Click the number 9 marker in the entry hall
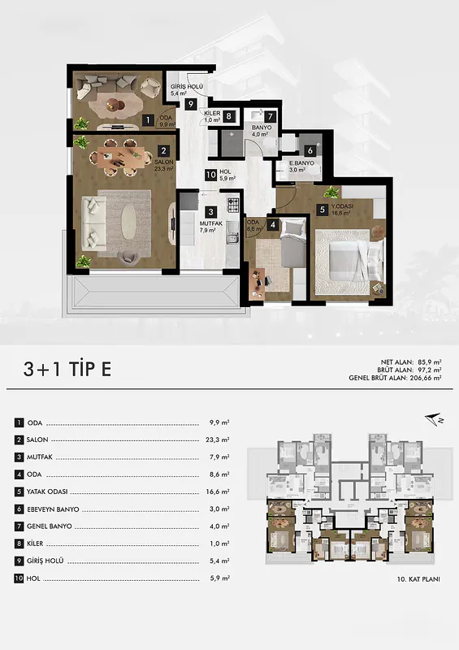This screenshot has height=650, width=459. pyautogui.click(x=190, y=104)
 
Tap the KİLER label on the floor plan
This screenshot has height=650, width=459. pyautogui.click(x=212, y=113)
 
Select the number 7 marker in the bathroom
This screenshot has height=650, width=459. pyautogui.click(x=270, y=116)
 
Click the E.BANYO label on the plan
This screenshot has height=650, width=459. pyautogui.click(x=302, y=163)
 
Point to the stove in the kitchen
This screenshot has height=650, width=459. pyautogui.click(x=233, y=204)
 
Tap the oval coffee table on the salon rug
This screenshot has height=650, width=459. pyautogui.click(x=128, y=223)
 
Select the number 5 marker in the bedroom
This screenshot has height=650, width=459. pyautogui.click(x=323, y=210)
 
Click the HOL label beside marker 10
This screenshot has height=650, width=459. pyautogui.click(x=226, y=172)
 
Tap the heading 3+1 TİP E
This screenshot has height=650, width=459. pyautogui.click(x=67, y=370)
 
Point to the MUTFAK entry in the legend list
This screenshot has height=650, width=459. pyautogui.click(x=40, y=457)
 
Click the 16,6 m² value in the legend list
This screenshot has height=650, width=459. pyautogui.click(x=219, y=492)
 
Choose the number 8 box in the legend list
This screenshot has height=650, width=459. pyautogui.click(x=19, y=544)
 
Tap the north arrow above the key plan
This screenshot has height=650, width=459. pyautogui.click(x=434, y=419)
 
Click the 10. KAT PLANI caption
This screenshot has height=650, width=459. pyautogui.click(x=418, y=579)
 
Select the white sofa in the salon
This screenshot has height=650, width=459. pyautogui.click(x=93, y=223)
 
